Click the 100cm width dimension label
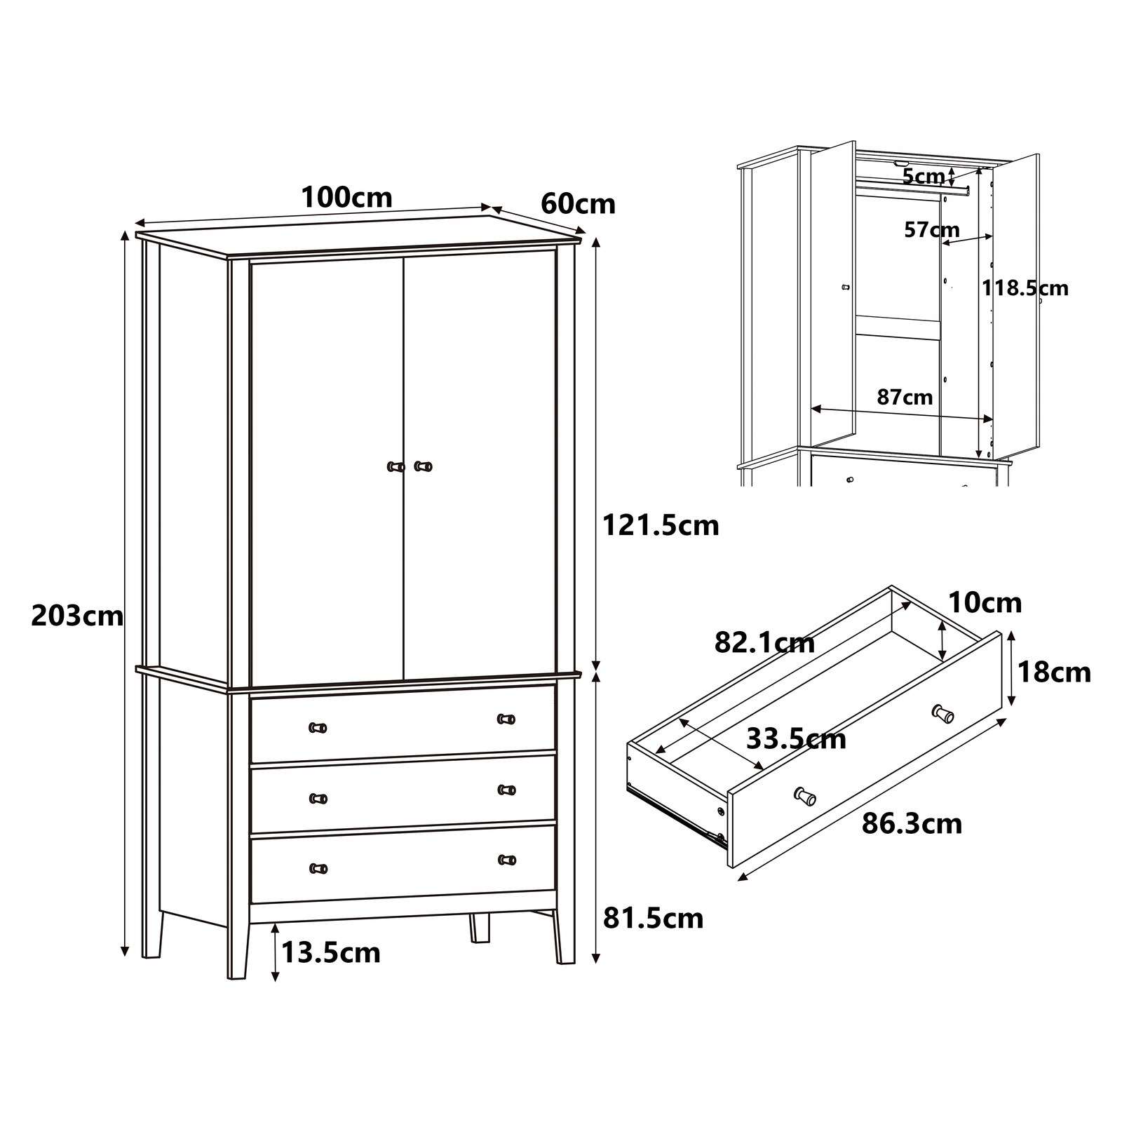click(x=346, y=198)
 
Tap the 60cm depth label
click(x=578, y=204)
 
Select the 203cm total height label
click(x=77, y=616)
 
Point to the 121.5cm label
click(x=661, y=525)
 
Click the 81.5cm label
click(x=653, y=918)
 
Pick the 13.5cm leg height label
click(x=331, y=952)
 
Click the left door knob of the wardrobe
click(x=396, y=466)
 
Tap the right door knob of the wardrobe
click(x=423, y=466)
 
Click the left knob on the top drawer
click(x=318, y=727)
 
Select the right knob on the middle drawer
click(x=506, y=790)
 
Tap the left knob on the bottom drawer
click(x=318, y=869)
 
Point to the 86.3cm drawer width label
click(x=912, y=823)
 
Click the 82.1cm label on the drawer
click(x=764, y=642)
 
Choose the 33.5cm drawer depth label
click(x=796, y=738)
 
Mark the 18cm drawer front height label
click(x=1054, y=672)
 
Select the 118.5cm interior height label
click(x=1025, y=288)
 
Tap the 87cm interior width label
click(x=905, y=397)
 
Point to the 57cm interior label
click(x=931, y=229)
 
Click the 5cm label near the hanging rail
click(x=923, y=177)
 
